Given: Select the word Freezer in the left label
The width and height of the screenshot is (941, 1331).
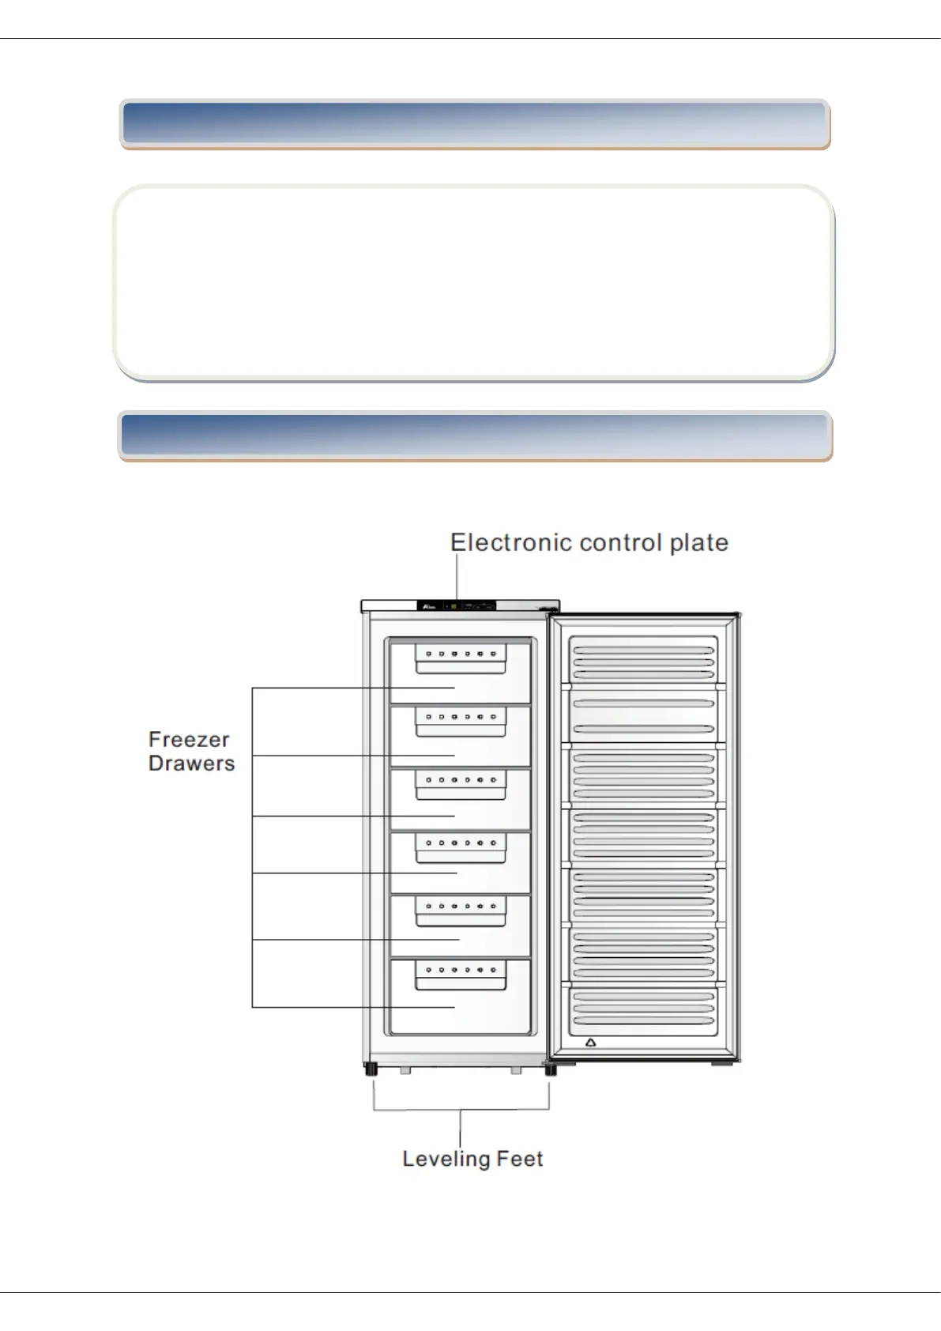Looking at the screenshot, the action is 189,740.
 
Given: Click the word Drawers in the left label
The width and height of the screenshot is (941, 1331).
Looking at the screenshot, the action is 191,764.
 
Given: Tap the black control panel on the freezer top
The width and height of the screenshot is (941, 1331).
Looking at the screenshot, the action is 457,606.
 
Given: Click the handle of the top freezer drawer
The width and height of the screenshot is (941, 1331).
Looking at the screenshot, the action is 461,658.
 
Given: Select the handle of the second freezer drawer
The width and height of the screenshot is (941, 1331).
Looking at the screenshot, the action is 461,721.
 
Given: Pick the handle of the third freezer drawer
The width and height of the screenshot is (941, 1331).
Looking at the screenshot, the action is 461,784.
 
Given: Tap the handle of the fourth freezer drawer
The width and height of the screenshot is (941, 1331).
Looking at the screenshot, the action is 461,847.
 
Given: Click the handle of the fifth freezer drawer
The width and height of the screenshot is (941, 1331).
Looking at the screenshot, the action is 461,911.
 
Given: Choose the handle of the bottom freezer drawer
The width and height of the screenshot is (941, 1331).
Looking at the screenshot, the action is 461,974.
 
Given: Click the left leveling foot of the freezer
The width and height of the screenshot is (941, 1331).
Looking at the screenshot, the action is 370,1070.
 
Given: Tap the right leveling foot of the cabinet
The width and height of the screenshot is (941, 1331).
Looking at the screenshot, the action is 551,1070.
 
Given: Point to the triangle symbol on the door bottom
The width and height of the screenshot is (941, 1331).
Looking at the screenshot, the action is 590,1043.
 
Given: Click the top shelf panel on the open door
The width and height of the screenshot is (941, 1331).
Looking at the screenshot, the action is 643,658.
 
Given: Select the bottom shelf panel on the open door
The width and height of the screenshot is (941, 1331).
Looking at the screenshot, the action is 643,1009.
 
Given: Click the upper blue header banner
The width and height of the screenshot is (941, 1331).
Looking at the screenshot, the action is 474,124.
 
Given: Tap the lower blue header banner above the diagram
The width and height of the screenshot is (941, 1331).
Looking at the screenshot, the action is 474,435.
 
